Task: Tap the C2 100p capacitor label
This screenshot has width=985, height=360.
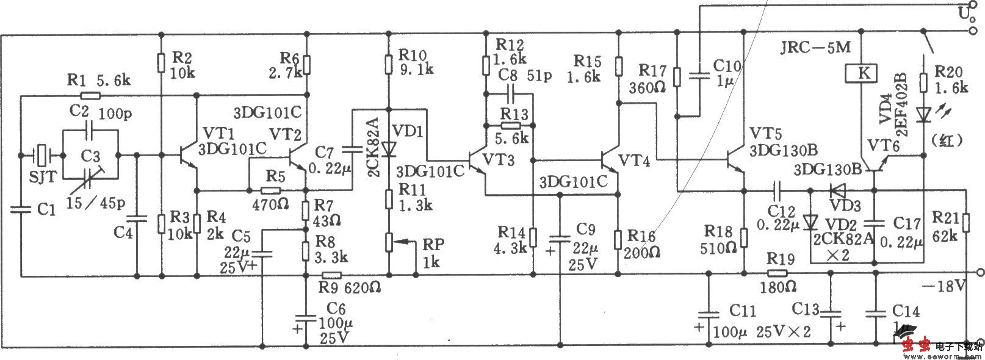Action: coord(92,112)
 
